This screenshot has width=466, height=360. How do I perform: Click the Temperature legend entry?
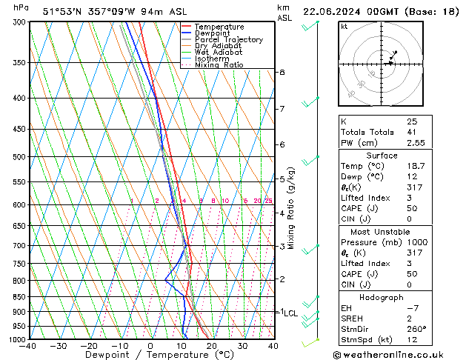(x=219, y=27)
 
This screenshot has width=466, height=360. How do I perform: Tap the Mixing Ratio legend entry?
(x=219, y=65)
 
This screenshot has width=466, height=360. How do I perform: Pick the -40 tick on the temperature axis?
(x=29, y=346)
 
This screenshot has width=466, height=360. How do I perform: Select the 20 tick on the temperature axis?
(x=212, y=346)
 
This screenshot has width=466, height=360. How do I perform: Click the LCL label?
(x=290, y=313)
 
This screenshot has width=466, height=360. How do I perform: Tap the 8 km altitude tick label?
(x=282, y=72)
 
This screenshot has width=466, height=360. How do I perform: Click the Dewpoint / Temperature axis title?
(x=150, y=355)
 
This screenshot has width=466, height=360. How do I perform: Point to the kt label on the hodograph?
(x=344, y=26)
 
